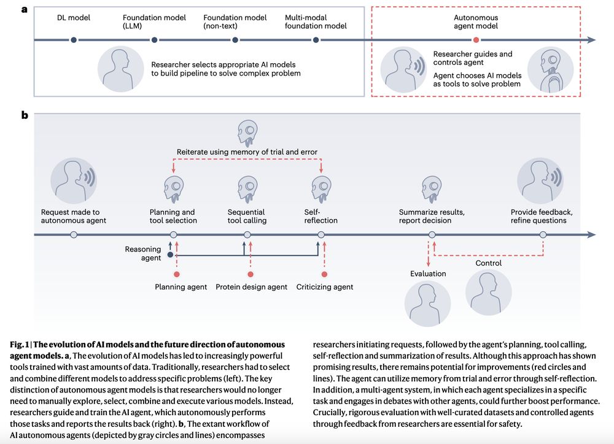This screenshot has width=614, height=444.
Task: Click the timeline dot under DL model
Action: (x=74, y=40)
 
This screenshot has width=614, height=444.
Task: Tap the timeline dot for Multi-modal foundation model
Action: (x=316, y=40)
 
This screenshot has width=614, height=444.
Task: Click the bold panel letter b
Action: (x=25, y=115)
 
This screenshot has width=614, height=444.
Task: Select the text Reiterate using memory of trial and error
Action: (x=247, y=152)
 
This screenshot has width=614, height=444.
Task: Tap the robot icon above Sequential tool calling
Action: (x=247, y=188)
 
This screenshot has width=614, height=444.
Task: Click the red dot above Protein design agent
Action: (x=251, y=274)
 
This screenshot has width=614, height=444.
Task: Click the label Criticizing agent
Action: (x=325, y=286)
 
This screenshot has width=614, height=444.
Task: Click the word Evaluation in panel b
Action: (x=428, y=274)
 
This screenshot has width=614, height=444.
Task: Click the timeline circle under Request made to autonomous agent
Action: (x=74, y=235)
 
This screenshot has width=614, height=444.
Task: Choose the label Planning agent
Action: (x=181, y=286)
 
